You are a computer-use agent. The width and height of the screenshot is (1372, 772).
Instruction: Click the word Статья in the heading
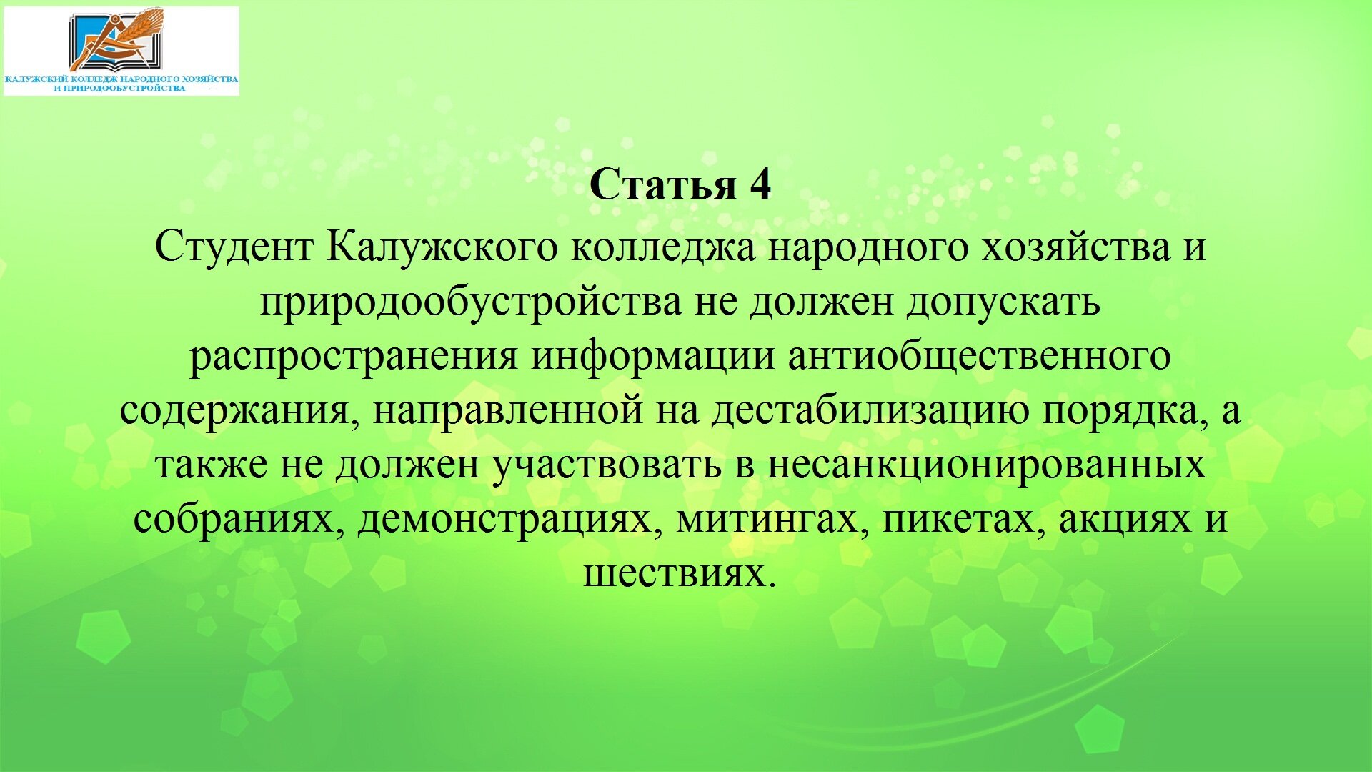662,184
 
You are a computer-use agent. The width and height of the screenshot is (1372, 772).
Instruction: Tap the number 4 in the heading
760,184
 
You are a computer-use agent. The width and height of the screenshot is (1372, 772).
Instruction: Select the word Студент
234,247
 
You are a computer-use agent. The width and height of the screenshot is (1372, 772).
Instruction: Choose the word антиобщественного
980,356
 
